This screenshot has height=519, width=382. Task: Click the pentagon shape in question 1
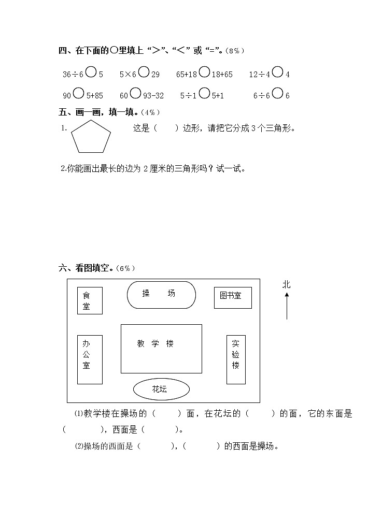click(x=91, y=137)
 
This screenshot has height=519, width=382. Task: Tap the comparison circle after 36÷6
click(x=91, y=73)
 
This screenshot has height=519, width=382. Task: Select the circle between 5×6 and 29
click(x=144, y=73)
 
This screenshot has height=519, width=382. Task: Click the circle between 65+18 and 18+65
click(x=204, y=73)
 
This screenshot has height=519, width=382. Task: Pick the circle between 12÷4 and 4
click(x=278, y=73)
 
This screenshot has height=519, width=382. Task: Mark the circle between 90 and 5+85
click(x=79, y=93)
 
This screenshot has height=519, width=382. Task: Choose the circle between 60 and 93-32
click(x=135, y=93)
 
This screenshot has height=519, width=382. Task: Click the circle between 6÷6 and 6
click(x=278, y=93)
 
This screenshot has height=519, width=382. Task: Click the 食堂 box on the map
click(x=90, y=300)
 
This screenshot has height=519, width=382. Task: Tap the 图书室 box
click(x=233, y=297)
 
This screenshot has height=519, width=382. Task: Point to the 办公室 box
click(x=90, y=359)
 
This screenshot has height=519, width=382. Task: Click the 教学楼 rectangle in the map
click(x=161, y=348)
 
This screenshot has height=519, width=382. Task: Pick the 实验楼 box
click(x=236, y=359)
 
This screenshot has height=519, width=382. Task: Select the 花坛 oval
click(x=161, y=390)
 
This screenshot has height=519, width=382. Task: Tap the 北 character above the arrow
click(x=287, y=284)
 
